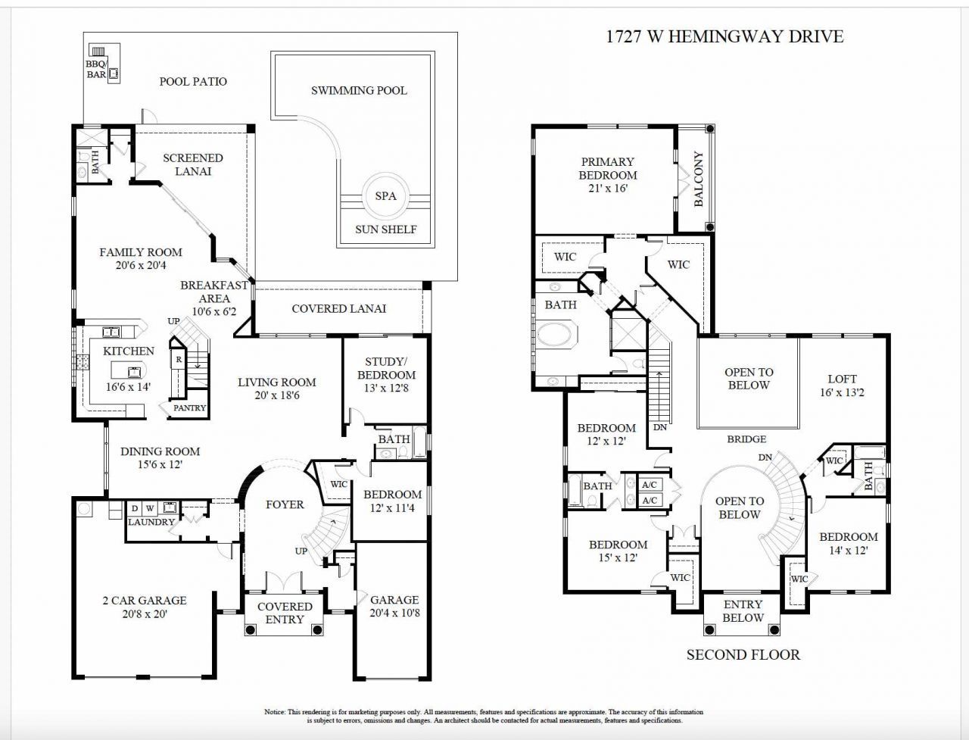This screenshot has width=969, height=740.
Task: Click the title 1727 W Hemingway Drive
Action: click(724, 36)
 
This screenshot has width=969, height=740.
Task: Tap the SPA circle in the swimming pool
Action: click(385, 196)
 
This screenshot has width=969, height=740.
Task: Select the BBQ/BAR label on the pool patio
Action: click(96, 70)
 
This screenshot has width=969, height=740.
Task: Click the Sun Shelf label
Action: click(386, 229)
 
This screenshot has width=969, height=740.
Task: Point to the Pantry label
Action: click(189, 408)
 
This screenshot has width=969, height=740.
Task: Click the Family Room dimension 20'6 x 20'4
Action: click(141, 266)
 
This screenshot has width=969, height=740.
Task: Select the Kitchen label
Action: click(129, 351)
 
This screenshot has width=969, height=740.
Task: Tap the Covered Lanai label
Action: click(338, 308)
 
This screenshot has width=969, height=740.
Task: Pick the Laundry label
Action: click(151, 522)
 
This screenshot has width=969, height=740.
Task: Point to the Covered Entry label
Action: click(285, 613)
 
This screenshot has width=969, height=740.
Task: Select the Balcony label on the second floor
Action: click(698, 179)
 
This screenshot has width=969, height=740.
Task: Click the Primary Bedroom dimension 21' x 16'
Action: click(608, 189)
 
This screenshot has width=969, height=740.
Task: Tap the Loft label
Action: click(842, 379)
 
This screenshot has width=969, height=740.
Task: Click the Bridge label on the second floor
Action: click(746, 439)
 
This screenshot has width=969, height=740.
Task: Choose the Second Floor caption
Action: click(743, 655)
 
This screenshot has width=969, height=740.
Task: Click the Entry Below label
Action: click(743, 610)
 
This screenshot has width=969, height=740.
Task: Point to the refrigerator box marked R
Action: click(179, 360)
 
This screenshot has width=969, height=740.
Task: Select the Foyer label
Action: click(285, 504)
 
